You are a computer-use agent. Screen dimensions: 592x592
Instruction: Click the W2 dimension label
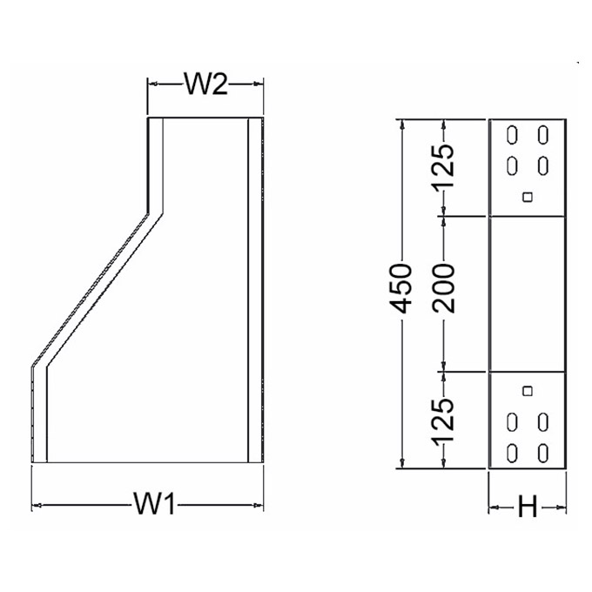click(x=205, y=84)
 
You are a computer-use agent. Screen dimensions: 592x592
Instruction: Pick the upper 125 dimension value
click(x=444, y=167)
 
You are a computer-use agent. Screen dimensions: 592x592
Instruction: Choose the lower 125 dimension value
click(x=444, y=420)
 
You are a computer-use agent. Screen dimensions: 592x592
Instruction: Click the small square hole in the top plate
click(x=526, y=197)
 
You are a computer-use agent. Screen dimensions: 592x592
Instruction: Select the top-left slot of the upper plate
click(x=512, y=135)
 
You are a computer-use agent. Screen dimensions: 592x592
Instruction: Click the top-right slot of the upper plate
click(x=543, y=135)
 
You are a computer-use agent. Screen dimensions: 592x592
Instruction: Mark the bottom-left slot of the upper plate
click(x=512, y=165)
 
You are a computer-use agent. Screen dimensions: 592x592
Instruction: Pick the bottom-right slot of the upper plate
click(x=543, y=165)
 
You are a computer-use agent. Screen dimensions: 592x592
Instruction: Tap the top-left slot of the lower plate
click(x=512, y=423)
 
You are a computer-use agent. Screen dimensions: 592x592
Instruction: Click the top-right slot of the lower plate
click(x=543, y=423)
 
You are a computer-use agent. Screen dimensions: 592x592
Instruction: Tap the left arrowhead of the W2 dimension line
click(x=150, y=84)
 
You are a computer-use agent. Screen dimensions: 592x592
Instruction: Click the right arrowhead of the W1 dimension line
click(x=259, y=504)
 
